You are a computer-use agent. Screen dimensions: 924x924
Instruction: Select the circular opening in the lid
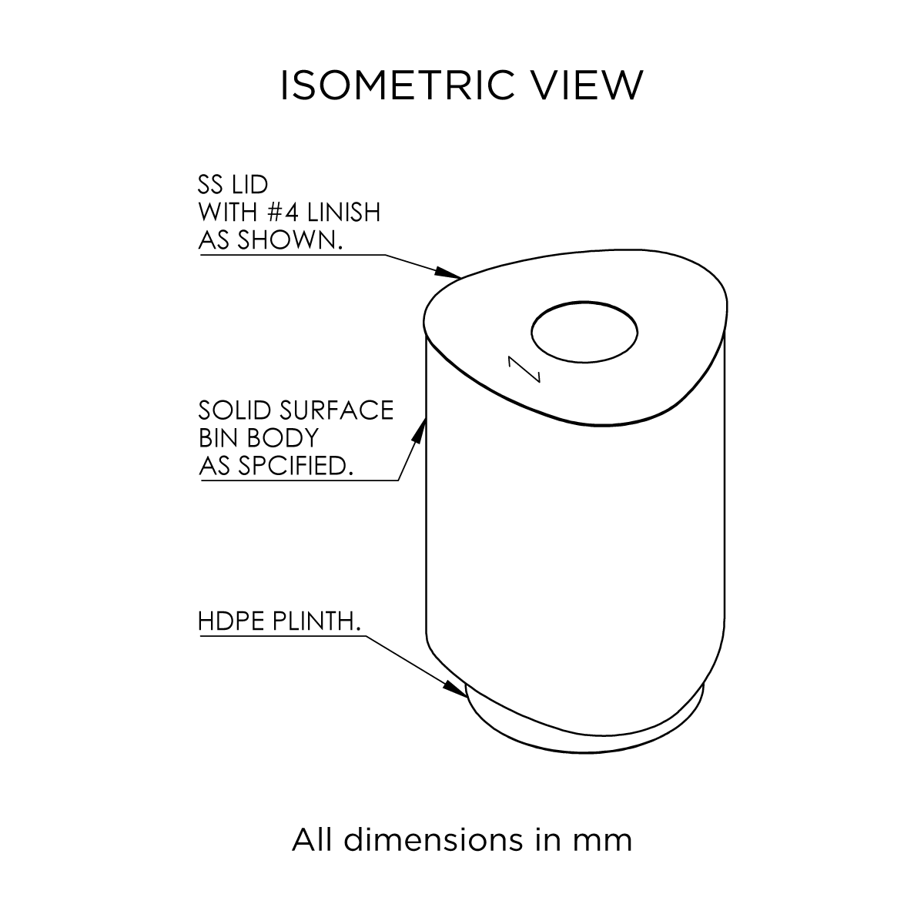584,333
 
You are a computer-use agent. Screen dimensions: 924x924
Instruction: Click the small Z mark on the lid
524,369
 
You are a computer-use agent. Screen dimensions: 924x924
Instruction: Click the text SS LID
233,186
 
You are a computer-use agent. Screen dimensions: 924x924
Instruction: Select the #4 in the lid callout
297,212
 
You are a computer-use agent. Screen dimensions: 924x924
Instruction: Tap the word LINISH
350,212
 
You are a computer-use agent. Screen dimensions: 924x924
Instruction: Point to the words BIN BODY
258,437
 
